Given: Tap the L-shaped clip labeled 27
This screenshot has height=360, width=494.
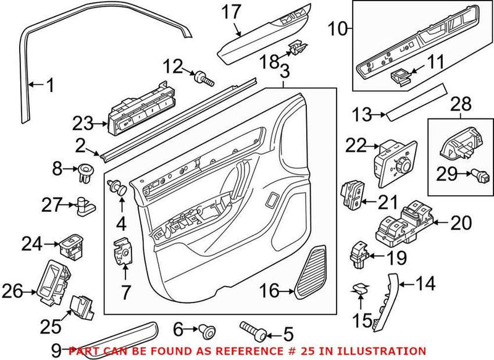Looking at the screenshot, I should pos(85,204).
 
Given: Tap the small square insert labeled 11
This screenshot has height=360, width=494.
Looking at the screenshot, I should pos(401,77).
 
